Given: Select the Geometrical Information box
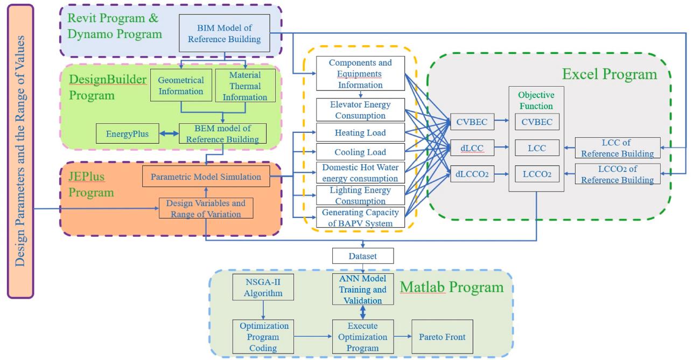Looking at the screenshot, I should coord(181,86).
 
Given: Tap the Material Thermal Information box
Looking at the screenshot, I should coord(245,86).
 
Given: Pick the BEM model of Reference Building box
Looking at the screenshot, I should coord(222,133).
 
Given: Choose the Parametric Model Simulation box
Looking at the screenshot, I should coord(206,177).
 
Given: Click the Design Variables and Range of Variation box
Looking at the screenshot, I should coord(206,208).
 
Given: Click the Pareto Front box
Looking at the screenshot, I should coord(442,337).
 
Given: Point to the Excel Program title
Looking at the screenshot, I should coord(610,74).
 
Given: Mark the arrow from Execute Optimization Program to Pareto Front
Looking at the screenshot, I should coord(402,337).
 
